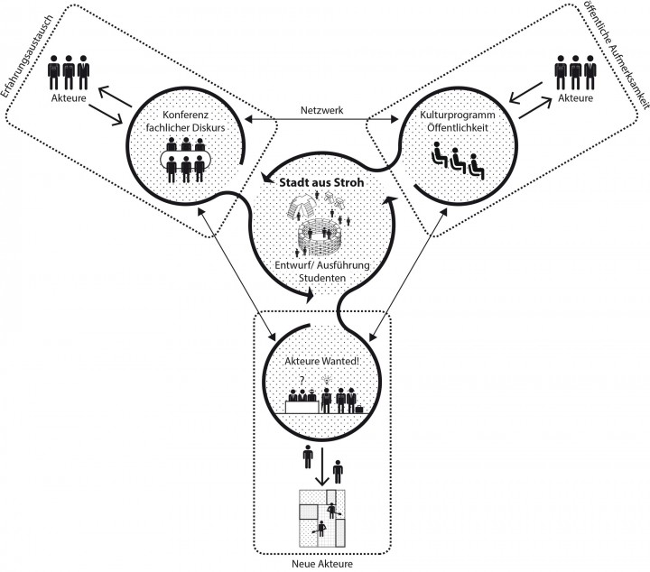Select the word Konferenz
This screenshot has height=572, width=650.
(x=187, y=116)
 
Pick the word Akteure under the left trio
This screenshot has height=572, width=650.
(x=69, y=100)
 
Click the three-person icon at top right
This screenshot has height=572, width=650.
(x=575, y=71)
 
